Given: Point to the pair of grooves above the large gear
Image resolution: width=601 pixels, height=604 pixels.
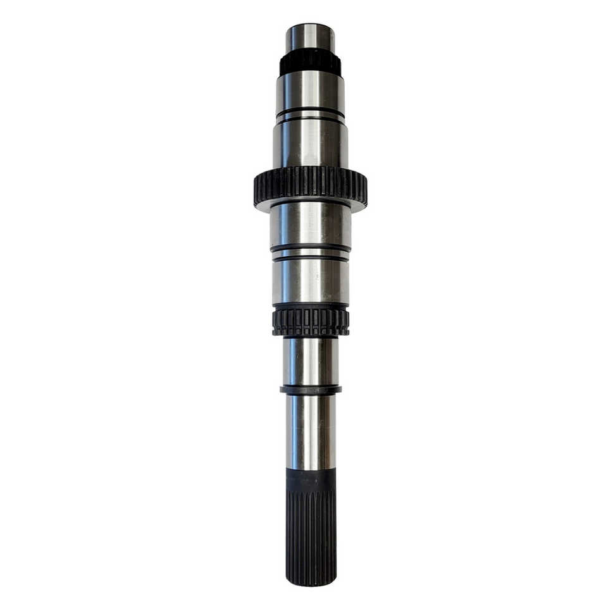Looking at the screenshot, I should coord(310,114).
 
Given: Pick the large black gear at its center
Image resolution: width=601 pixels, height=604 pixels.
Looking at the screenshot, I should coord(310,185).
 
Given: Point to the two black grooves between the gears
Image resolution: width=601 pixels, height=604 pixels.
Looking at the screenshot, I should coord(310,252).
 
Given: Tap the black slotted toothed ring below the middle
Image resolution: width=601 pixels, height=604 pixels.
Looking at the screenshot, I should coord(310,320).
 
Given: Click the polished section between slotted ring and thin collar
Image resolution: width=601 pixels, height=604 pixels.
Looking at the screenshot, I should coord(310,361).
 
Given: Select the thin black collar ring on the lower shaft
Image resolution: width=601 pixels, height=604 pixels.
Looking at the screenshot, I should coord(310,390).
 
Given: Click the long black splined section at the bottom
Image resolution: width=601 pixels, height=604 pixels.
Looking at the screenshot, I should coord(310,531).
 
